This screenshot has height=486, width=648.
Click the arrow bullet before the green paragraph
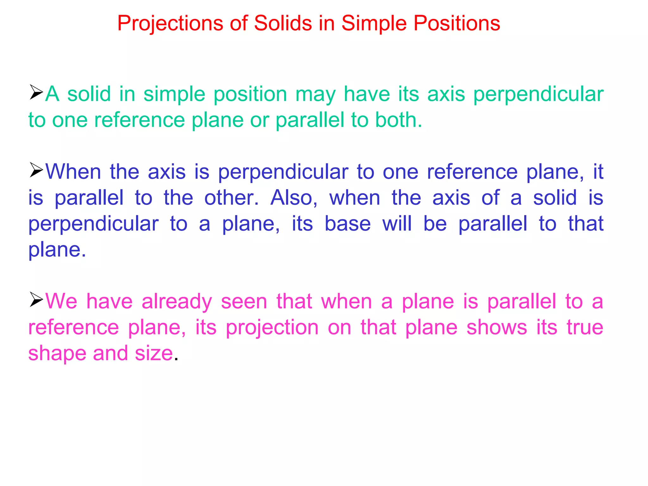point(36,92)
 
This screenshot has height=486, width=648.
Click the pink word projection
point(272,328)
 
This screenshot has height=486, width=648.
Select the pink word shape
point(57,354)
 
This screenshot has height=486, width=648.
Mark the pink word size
point(154,353)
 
